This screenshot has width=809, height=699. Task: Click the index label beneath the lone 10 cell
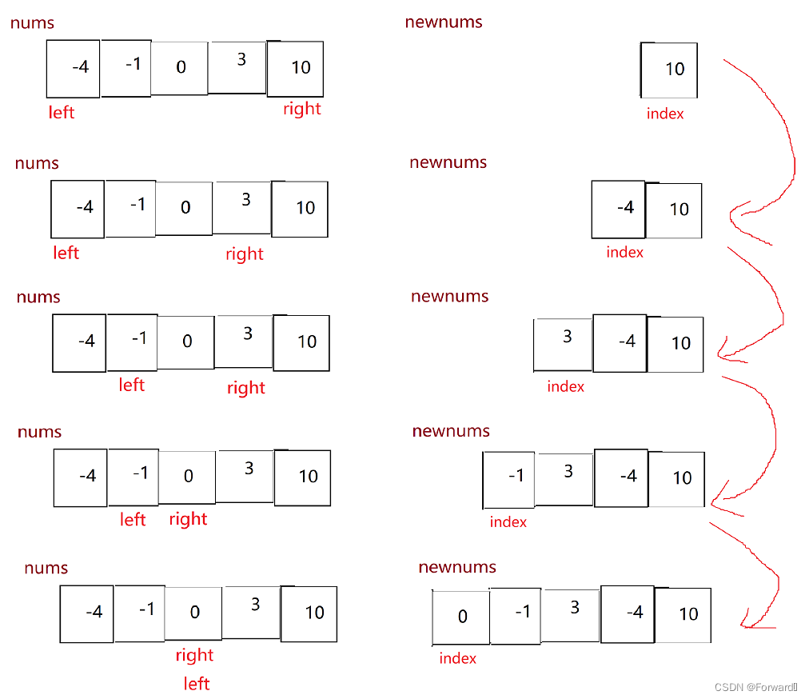pos(665,114)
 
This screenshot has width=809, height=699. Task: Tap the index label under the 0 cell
pos(457,658)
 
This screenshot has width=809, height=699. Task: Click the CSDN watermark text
pos(755,687)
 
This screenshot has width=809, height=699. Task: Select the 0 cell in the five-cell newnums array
pos(461,617)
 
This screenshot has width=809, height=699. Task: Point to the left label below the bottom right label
pos(196,684)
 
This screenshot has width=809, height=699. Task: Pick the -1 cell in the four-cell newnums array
pos(510,478)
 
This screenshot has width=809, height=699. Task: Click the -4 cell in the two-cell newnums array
pos(620,209)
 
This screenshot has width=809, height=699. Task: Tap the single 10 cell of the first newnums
pos(670,70)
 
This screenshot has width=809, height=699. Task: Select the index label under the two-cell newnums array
pos(624,252)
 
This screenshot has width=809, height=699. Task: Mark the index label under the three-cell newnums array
pos(565,386)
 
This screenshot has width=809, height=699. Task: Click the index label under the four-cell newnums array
pos(508,521)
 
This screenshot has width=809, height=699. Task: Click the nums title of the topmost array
pos(32,22)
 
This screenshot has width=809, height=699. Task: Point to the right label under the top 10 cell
pos(301,109)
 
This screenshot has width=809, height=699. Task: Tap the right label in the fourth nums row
pos(188,519)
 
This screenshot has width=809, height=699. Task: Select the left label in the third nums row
pos(131,385)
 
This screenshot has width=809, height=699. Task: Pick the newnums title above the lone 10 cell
pos(444,22)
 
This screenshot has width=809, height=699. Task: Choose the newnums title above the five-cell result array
pos(456,567)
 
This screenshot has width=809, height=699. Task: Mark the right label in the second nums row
pos(244,254)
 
